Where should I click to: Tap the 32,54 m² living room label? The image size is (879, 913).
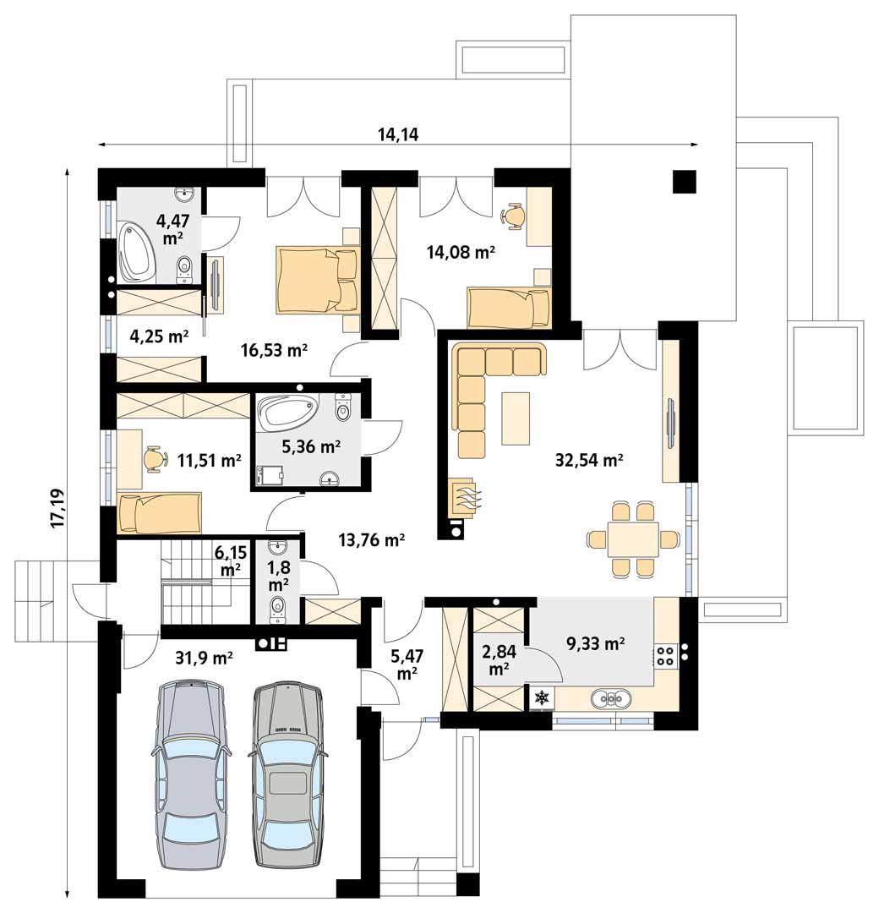(589, 461)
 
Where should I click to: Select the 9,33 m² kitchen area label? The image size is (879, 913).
(596, 644)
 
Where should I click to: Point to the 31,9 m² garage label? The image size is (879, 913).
(205, 657)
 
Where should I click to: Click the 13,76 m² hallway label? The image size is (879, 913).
(371, 539)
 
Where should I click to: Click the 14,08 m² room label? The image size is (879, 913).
(460, 251)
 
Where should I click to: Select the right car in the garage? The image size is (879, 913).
(289, 778)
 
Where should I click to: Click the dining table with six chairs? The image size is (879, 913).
(632, 539)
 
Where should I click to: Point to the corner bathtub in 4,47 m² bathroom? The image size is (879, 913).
(137, 250)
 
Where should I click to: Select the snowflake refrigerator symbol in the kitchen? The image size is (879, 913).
(541, 698)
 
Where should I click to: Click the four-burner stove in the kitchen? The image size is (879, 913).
(665, 654)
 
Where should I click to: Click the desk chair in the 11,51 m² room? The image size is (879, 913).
(152, 458)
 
